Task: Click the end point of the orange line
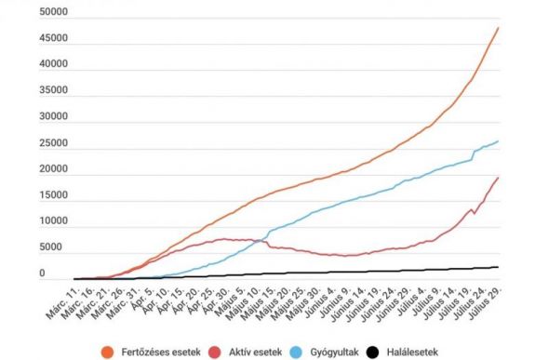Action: [498, 27]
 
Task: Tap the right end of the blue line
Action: [498, 141]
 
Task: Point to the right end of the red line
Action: [498, 177]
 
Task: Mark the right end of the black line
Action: [498, 267]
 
